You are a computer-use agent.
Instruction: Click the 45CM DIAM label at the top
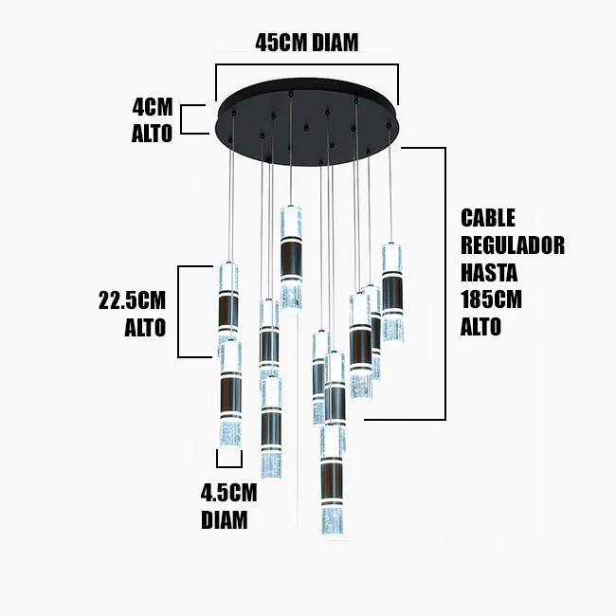coord(307,43)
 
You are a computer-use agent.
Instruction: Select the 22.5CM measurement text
coord(133,301)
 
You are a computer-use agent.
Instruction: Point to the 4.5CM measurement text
coord(228,493)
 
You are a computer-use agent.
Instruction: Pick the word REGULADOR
coord(512,245)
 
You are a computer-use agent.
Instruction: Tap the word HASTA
coord(488,273)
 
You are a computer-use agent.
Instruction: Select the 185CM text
coord(492,300)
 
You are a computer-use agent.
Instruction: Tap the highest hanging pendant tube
coord(291,256)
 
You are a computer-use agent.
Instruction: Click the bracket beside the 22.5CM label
coord(202,311)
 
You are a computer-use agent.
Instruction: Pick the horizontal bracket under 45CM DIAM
coord(307,66)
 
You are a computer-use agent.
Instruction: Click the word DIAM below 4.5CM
coord(225,519)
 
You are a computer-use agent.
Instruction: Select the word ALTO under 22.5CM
coord(145,328)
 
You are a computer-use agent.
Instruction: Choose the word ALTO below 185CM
coord(480,327)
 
